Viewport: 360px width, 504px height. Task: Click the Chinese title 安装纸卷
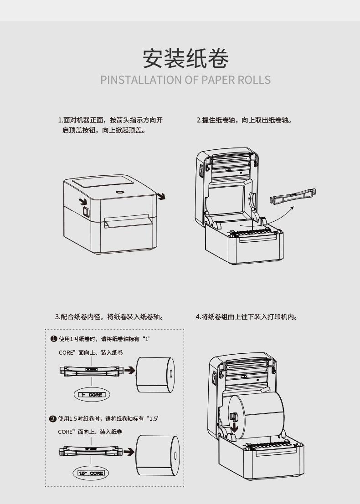(185, 58)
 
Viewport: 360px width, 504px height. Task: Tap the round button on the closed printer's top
(120, 192)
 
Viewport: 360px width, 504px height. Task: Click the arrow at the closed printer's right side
(161, 197)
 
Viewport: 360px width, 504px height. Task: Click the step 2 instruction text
(244, 120)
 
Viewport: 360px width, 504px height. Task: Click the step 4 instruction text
(247, 316)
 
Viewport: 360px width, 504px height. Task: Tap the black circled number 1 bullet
(53, 339)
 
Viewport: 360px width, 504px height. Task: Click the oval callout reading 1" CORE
(92, 394)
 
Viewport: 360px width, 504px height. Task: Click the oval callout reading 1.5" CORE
(91, 473)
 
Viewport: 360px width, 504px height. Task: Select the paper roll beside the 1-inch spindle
(155, 374)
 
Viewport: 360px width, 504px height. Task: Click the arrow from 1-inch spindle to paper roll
(130, 371)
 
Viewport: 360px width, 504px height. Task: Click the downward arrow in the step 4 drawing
(234, 427)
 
